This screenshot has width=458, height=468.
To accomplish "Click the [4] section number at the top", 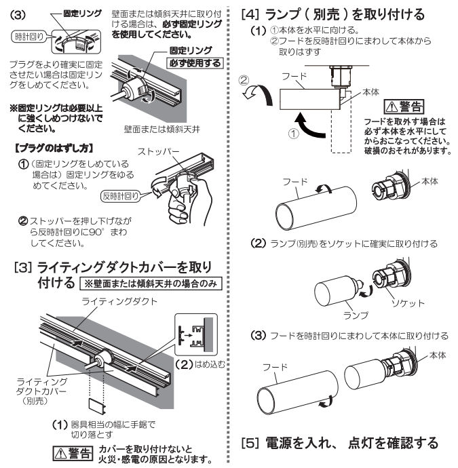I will coord(250,13).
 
